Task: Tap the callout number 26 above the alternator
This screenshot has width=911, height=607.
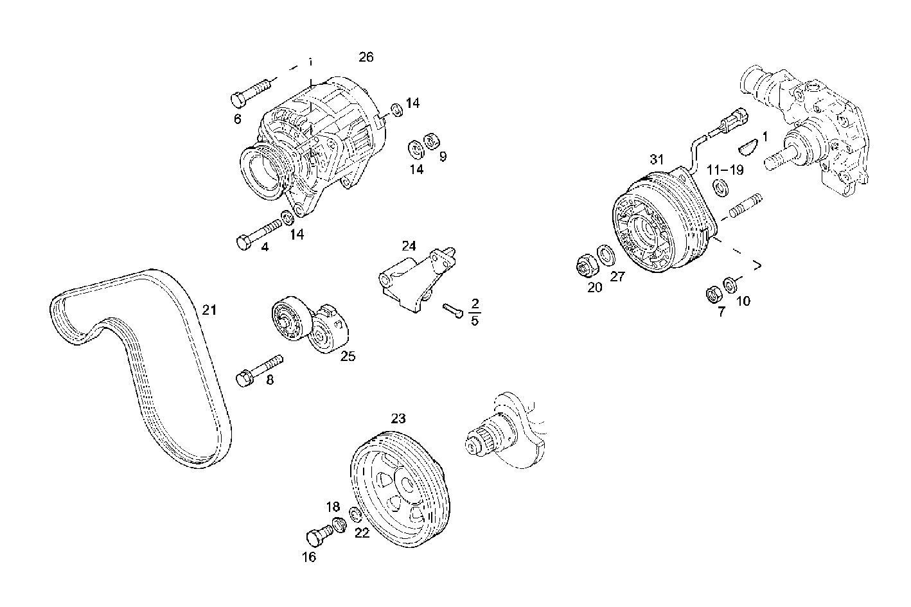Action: coord(366,57)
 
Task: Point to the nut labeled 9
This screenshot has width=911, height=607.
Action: coord(432,140)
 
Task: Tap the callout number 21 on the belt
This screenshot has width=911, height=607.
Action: coord(209,310)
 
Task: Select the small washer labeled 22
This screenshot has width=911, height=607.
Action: coord(354,514)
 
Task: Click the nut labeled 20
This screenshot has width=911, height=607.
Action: coord(585,264)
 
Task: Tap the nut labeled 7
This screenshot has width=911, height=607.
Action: coord(713,294)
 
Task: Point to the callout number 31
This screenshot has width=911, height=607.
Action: coord(655,159)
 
